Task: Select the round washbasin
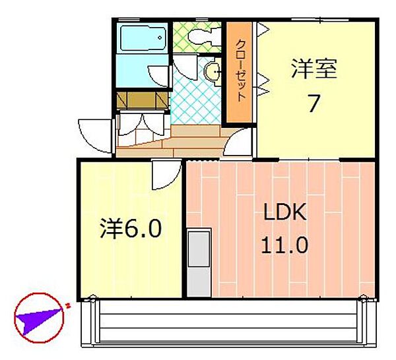(213, 72)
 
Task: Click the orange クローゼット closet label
(241, 73)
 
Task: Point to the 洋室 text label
(313, 69)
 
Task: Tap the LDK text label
(284, 212)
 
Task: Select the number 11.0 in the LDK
(284, 245)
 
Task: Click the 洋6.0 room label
(131, 230)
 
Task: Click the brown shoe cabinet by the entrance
(142, 100)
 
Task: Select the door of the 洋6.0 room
(165, 175)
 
